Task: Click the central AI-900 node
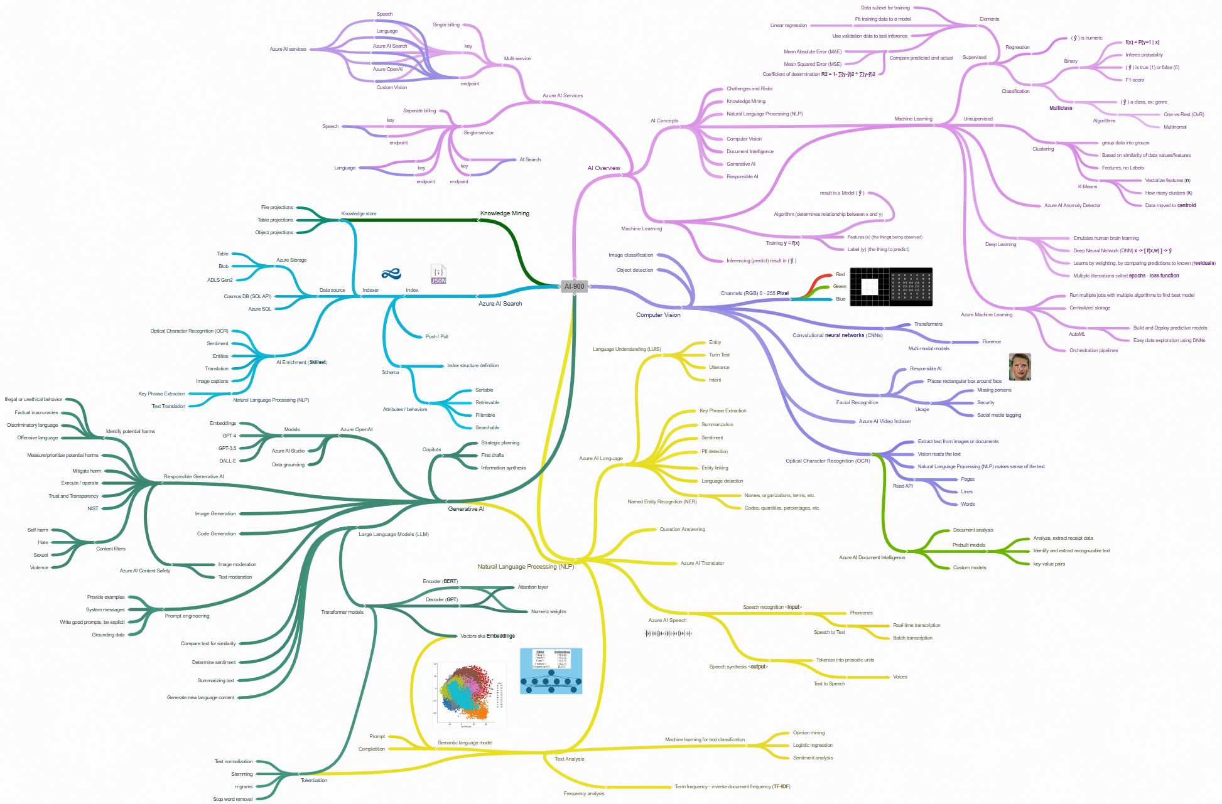574,286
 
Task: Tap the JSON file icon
438,274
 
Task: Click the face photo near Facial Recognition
1020,367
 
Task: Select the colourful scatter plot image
469,695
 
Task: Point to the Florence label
992,342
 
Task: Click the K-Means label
1088,186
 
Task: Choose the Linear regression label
789,26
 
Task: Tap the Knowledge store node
359,214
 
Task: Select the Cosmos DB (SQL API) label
247,296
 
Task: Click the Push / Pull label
436,337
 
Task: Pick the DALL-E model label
227,461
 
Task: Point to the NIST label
93,509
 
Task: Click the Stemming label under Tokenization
242,775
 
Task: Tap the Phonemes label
861,613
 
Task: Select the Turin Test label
719,355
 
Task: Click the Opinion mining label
809,733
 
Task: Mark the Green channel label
840,287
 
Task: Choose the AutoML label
1077,335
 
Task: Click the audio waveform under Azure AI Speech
668,633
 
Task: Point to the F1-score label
1135,80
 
